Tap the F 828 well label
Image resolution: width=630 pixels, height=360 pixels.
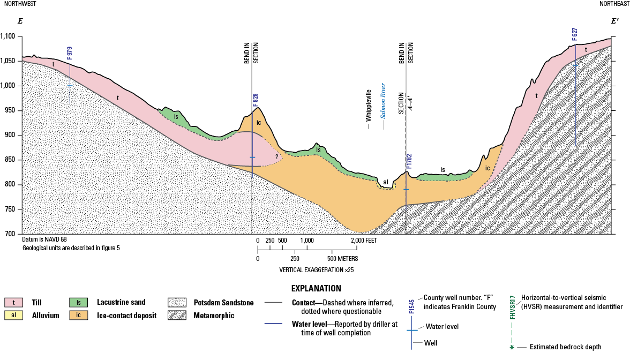[255, 100]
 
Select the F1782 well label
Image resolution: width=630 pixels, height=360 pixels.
[409, 161]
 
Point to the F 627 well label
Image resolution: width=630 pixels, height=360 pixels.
[574, 35]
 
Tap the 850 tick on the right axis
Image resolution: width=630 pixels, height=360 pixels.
[611, 160]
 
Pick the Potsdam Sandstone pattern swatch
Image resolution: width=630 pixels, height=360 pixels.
[175, 303]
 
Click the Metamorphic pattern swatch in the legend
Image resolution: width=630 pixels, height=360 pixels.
[175, 316]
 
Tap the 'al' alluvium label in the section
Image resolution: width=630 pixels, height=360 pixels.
[386, 182]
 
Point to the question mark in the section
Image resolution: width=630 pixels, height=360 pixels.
[277, 156]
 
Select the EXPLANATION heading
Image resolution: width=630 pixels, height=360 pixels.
[316, 289]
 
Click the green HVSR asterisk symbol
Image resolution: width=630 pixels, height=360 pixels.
[513, 348]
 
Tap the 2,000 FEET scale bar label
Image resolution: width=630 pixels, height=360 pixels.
[364, 241]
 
